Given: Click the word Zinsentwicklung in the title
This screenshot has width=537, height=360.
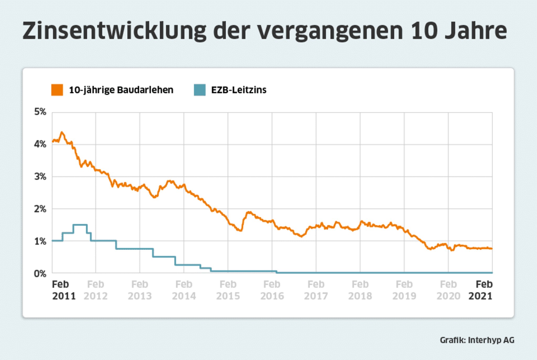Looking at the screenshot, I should [114, 31].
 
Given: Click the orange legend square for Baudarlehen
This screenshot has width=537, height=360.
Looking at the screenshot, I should [57, 90].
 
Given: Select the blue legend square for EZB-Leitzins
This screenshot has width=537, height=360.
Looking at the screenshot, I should [200, 90].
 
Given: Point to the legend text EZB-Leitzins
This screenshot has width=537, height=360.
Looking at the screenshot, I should [239, 90].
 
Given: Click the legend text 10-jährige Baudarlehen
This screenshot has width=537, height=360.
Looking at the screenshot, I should [121, 90].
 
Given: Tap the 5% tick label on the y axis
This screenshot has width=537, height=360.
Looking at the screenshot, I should [40, 112].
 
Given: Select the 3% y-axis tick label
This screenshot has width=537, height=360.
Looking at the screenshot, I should [40, 177].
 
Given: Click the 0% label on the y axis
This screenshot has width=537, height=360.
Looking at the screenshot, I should [40, 274].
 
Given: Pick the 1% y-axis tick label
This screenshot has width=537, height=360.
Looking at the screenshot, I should [40, 241].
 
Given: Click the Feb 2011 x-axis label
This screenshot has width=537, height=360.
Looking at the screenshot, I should [63, 290].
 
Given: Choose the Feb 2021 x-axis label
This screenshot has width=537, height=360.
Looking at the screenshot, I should [481, 290].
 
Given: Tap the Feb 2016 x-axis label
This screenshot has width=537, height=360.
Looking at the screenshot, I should [272, 290].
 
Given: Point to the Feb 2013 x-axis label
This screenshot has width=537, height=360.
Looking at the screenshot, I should [140, 290].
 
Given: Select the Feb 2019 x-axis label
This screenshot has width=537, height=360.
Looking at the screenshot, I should [404, 290].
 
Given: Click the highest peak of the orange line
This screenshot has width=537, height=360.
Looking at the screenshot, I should [62, 133].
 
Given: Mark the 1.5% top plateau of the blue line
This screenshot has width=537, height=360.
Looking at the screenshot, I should [80, 225].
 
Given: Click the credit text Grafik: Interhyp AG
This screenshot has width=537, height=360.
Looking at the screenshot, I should [477, 340].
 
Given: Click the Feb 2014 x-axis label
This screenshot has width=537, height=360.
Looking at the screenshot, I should [184, 290].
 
